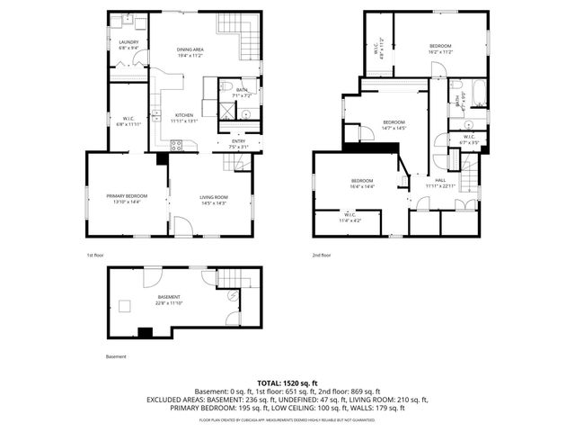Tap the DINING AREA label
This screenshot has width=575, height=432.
coord(189,50)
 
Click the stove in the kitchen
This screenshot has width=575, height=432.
coord(177,146)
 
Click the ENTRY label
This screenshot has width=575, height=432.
coord(238,141)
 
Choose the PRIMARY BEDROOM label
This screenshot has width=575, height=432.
coord(127,197)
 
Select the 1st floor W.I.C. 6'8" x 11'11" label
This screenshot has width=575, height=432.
coord(128,121)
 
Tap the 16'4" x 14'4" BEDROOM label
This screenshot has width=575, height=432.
coord(361,184)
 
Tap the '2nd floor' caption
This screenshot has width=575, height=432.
coord(322,255)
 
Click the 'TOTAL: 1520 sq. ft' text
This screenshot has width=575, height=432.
coord(287,382)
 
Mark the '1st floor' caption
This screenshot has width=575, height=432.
coord(96,255)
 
